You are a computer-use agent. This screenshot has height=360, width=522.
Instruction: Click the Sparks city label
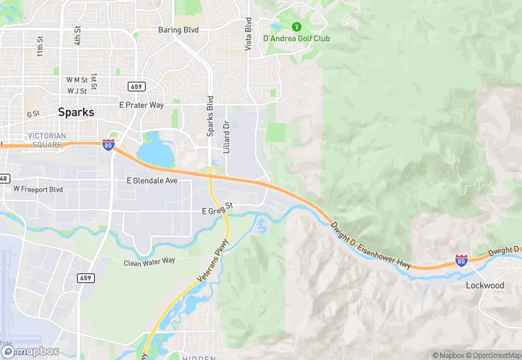click(76, 112)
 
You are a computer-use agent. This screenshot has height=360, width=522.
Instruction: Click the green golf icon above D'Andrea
click(297, 27)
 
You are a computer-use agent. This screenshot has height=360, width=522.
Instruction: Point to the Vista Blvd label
click(249, 35)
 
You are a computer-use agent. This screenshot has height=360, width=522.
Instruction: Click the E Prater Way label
click(141, 105)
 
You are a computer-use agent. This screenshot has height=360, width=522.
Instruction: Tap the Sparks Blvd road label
click(210, 108)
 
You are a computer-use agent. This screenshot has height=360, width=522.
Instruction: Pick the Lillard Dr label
click(226, 137)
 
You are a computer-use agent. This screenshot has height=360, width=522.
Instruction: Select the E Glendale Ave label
click(152, 181)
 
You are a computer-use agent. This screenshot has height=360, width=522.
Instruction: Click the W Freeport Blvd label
click(38, 189)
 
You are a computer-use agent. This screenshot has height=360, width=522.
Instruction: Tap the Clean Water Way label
click(150, 262)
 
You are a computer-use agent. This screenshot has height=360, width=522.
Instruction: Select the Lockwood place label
click(485, 285)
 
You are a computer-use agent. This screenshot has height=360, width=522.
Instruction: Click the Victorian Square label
click(47, 140)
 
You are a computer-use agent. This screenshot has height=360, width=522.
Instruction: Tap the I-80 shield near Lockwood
click(462, 260)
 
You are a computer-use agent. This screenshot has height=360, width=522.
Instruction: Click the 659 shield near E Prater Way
click(135, 86)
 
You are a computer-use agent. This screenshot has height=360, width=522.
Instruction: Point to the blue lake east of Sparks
click(156, 153)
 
